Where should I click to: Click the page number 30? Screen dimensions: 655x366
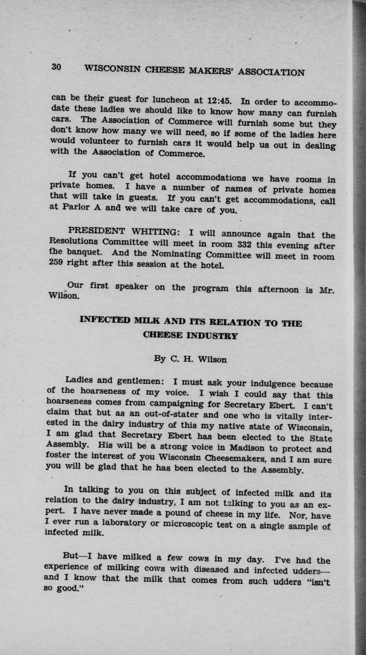pyautogui.click(x=56, y=67)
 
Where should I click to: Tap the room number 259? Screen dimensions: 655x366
pyautogui.click(x=59, y=265)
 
